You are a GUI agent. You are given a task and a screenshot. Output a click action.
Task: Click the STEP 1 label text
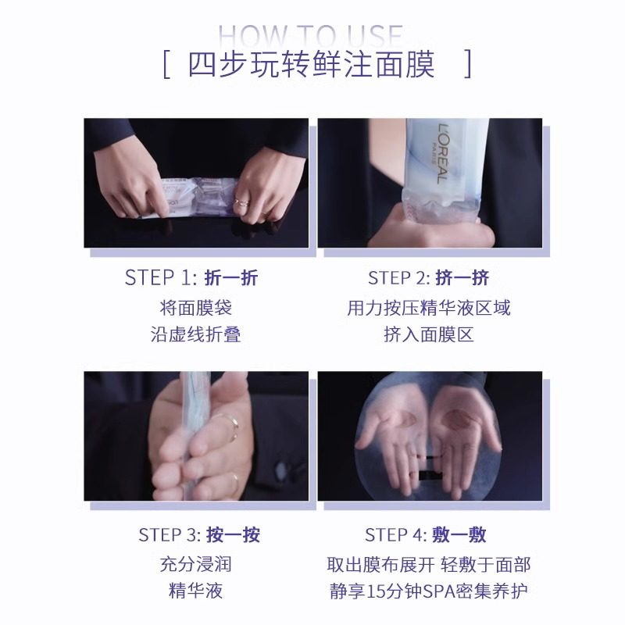161,277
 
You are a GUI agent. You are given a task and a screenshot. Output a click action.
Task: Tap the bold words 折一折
231,277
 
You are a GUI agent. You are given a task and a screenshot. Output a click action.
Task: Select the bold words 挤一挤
463,277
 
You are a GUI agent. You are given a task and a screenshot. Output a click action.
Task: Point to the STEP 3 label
170,535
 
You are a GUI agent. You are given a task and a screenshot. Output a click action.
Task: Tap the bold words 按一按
234,535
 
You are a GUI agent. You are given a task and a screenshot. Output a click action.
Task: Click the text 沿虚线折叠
195,334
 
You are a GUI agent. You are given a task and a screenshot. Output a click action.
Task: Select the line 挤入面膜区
428,334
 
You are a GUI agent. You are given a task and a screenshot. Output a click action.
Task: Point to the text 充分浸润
195,564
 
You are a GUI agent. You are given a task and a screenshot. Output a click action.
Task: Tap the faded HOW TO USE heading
310,35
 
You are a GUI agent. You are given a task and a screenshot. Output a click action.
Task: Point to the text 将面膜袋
195,307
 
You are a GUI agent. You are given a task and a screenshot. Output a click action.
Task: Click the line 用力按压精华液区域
428,307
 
